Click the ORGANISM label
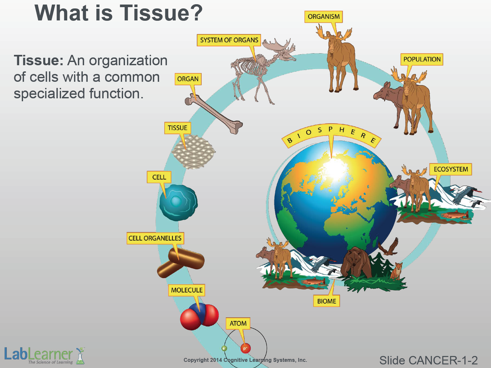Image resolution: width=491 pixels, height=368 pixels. [x=323, y=17]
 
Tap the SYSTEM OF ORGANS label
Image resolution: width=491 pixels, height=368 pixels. [x=229, y=40]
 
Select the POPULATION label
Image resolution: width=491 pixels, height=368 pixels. [x=422, y=59]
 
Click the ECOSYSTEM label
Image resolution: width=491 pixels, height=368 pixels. [x=450, y=169]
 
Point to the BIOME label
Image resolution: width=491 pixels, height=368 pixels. [x=326, y=301]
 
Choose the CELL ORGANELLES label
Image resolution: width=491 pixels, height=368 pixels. [x=155, y=238]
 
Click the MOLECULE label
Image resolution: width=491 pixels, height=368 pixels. [x=187, y=290]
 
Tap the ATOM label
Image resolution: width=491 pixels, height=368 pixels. [x=238, y=324]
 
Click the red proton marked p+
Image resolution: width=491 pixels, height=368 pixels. [x=245, y=349]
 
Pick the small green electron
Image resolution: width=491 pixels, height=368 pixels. [x=224, y=349]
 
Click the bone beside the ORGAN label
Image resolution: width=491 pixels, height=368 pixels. [x=214, y=114]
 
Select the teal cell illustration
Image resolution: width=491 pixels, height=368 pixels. [x=178, y=202]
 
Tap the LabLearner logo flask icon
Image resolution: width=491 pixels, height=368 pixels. [x=80, y=356]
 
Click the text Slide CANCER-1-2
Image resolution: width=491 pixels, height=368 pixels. [x=428, y=360]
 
